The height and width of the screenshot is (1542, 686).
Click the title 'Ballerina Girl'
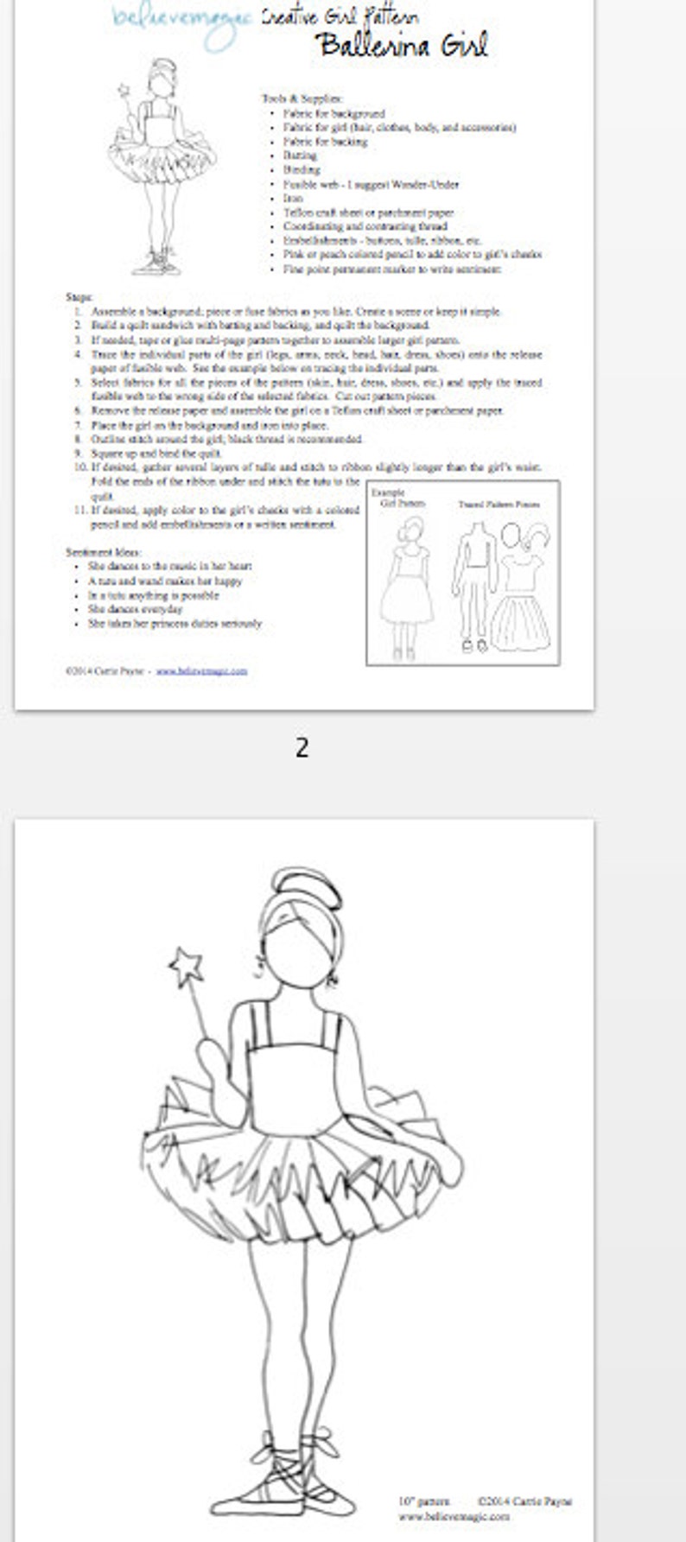click(403, 45)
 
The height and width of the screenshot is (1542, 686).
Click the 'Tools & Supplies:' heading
click(302, 98)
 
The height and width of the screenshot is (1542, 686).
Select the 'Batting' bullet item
click(300, 155)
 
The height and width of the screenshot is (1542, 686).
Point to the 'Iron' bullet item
click(293, 198)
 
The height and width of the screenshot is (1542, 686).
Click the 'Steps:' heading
click(79, 296)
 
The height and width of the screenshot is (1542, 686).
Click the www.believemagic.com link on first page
click(201, 670)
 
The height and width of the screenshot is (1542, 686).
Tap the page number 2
click(302, 747)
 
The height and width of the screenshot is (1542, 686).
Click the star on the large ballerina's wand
click(186, 967)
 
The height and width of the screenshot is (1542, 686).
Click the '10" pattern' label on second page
click(423, 1501)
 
